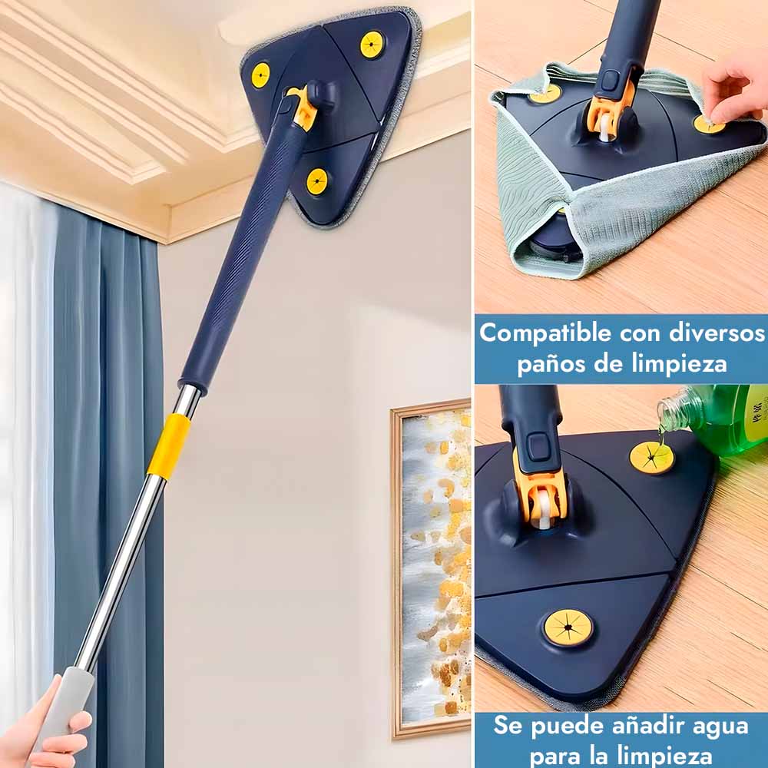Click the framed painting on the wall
(x=431, y=568)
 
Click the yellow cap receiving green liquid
(x=651, y=458)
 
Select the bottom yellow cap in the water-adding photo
(x=568, y=627)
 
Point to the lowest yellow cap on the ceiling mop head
(x=317, y=180)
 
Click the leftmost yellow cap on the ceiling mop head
(x=260, y=75)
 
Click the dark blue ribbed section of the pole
(x=245, y=245)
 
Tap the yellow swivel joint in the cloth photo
(x=607, y=114)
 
